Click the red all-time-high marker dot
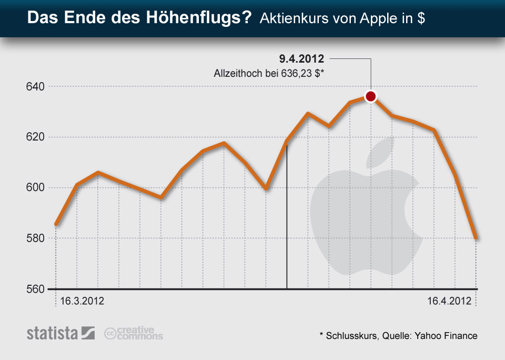(x=371, y=96)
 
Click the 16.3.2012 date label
(x=82, y=302)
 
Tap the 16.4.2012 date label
(x=448, y=302)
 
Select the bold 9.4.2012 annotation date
(x=301, y=58)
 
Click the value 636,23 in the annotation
(x=300, y=74)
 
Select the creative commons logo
(x=134, y=333)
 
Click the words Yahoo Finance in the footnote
(x=449, y=335)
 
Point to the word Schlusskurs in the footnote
(x=350, y=335)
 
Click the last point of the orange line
(x=476, y=238)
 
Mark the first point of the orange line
(x=56, y=225)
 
